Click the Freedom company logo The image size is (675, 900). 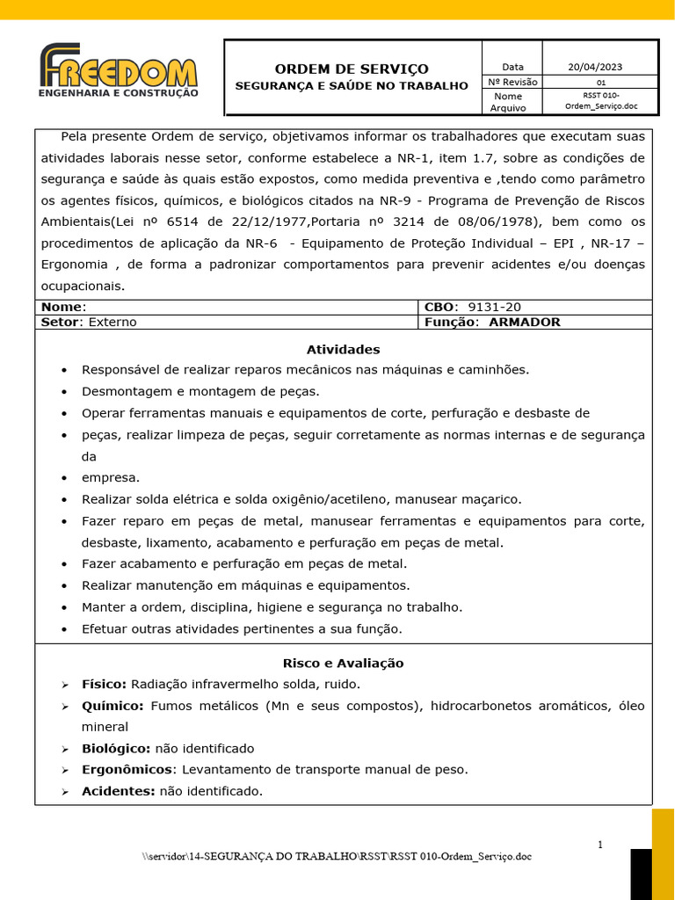coord(119,70)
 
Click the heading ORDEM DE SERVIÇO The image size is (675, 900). coord(352,69)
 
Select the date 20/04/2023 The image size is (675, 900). coord(595,67)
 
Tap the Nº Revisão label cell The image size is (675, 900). coord(512,82)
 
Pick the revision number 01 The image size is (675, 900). coord(600,83)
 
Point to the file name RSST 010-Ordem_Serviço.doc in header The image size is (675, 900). coord(600,100)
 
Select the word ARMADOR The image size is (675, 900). coord(524,322)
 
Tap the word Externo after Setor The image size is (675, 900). coord(112,322)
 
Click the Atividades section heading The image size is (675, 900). coord(343,349)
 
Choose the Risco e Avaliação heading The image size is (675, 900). coord(343,663)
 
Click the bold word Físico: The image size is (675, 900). coord(104,684)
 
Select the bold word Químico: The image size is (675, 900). coord(112,705)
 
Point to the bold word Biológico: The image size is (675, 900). coord(116,748)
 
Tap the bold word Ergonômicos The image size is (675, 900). coord(127,769)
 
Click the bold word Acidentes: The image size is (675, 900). coord(118,791)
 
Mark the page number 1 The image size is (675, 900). coord(600,845)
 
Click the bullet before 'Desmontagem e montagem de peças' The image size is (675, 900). coord(64,391)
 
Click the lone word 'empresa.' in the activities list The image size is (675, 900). coord(111,477)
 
